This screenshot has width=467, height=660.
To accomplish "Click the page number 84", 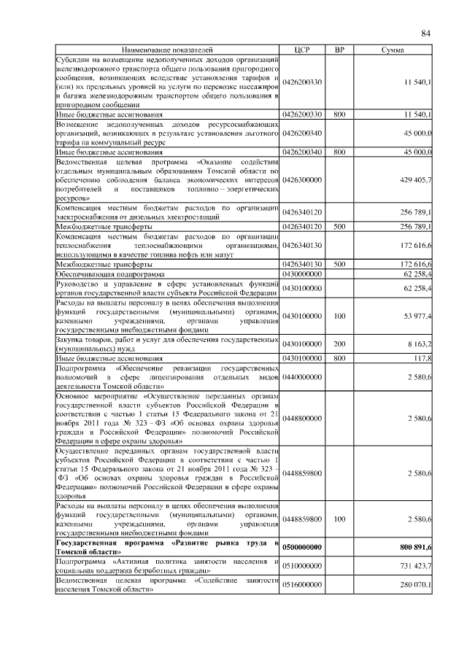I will (426, 33).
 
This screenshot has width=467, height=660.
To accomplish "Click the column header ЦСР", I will (302, 50).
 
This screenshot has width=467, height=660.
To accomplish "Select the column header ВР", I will (339, 50).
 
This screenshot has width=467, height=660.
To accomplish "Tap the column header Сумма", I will (394, 50).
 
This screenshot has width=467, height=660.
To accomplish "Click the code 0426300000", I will (302, 179).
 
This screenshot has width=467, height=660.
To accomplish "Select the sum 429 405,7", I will (416, 179).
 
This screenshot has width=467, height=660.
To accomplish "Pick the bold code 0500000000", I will (302, 547).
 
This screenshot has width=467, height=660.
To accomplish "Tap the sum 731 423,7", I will (416, 566).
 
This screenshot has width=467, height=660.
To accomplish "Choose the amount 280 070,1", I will (416, 585).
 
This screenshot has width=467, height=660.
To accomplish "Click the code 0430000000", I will (302, 273).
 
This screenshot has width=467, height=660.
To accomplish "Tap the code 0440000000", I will (302, 376).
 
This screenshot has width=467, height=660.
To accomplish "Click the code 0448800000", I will (302, 419).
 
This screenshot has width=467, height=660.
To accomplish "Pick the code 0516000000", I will (302, 585).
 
